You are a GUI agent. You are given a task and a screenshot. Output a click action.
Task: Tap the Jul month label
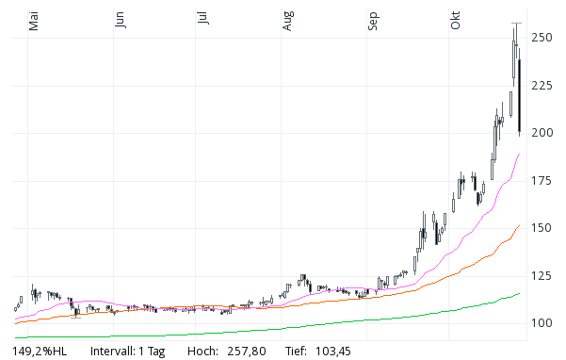click(x=202, y=21)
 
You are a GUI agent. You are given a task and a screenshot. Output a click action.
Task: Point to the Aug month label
click(x=288, y=22)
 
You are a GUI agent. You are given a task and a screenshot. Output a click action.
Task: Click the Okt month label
click(x=456, y=22)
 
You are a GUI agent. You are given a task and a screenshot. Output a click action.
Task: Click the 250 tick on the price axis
click(x=542, y=38)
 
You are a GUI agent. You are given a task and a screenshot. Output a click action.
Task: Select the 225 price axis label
click(x=542, y=86)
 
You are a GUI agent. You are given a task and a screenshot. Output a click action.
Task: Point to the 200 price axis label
click(x=542, y=133)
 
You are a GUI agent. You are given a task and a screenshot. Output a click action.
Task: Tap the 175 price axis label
click(x=542, y=181)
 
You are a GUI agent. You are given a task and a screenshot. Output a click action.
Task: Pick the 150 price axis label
click(x=542, y=228)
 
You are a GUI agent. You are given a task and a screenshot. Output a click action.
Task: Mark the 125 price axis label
click(x=542, y=276)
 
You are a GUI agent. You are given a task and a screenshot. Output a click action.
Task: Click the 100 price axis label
click(x=542, y=323)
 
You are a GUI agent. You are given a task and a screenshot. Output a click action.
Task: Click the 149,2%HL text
click(x=40, y=352)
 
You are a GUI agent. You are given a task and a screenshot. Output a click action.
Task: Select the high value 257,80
click(x=248, y=352)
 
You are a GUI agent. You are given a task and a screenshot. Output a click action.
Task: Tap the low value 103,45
click(x=331, y=352)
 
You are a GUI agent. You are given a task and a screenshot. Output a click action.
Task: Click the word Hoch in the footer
click(x=203, y=352)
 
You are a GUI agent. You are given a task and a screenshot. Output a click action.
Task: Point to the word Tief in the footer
click(x=295, y=352)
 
